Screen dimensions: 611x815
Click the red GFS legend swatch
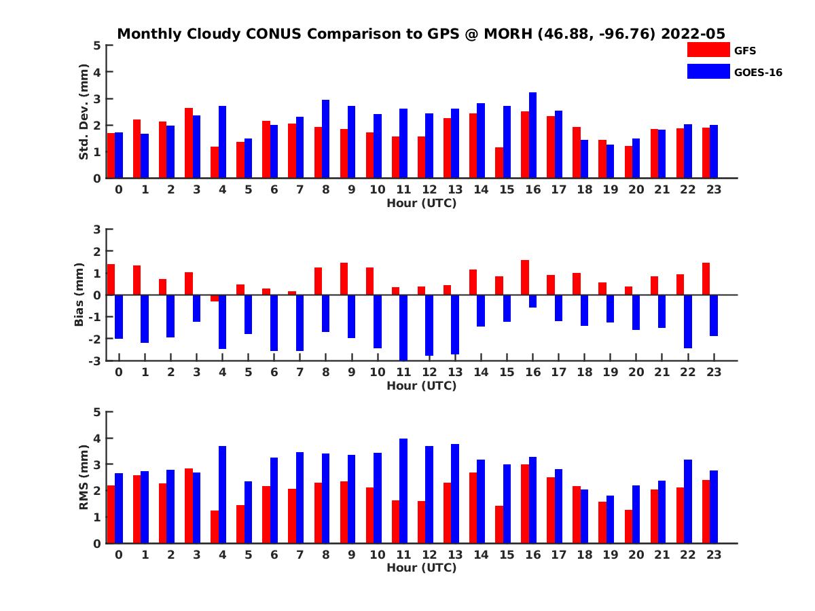tap(708, 50)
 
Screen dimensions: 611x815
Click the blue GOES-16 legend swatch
tap(708, 71)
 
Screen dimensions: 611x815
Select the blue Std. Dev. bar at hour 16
tap(532, 135)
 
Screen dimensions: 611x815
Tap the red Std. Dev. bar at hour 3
tap(189, 143)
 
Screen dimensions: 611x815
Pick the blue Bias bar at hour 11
tap(403, 327)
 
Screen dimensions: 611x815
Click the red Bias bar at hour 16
tap(525, 277)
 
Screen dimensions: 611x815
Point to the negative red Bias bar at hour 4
tap(215, 298)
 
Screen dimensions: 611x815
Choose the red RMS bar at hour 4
tap(215, 527)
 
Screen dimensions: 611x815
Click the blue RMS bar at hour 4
tap(222, 494)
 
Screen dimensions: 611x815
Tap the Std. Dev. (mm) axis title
tap(84, 111)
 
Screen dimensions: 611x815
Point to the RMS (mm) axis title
tap(84, 477)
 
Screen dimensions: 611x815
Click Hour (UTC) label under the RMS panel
tap(421, 568)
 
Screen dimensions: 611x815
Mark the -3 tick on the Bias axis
tap(96, 360)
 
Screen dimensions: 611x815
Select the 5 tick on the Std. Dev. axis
tap(98, 45)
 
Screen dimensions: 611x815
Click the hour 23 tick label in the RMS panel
tap(714, 554)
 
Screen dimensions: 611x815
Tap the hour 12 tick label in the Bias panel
tap(429, 371)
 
